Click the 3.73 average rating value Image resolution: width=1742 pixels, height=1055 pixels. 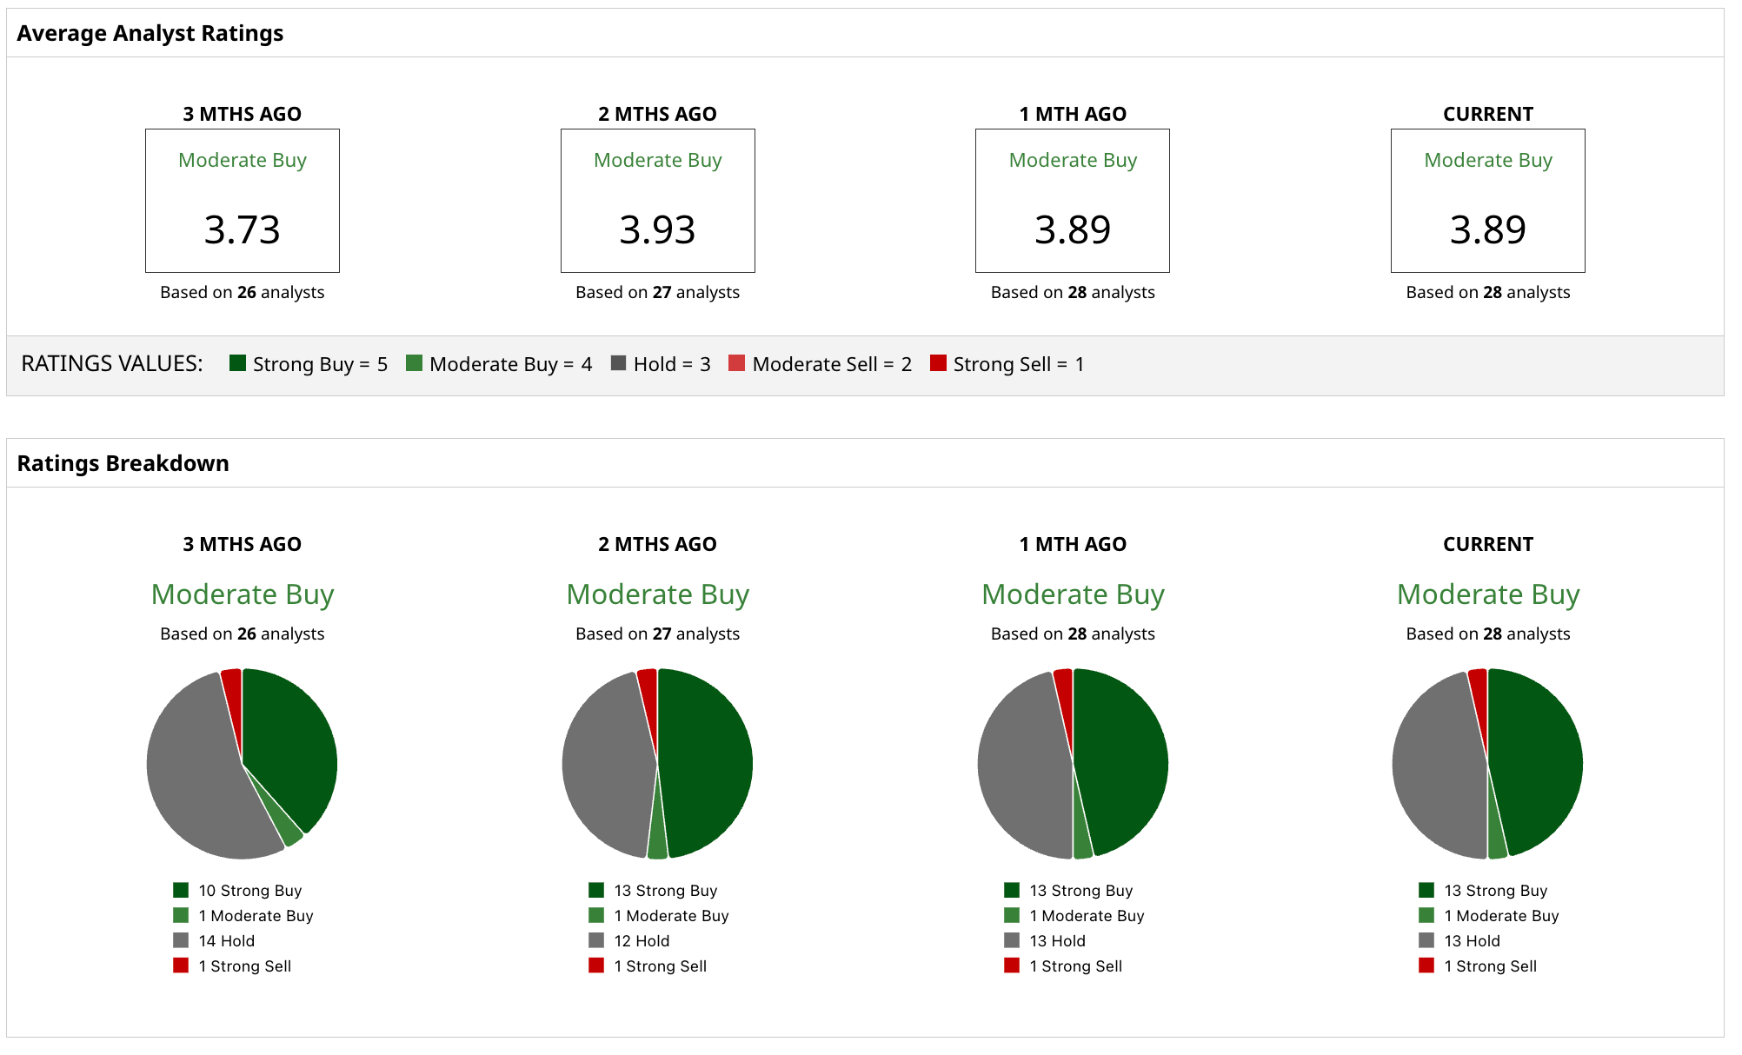click(x=242, y=230)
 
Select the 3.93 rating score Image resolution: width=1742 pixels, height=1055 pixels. click(x=657, y=230)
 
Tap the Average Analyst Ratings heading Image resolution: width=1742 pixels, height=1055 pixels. click(x=150, y=33)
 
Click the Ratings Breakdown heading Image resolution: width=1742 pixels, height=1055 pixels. click(x=123, y=463)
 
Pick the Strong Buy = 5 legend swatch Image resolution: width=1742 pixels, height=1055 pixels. click(x=237, y=363)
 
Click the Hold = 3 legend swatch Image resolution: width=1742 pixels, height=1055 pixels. click(x=618, y=363)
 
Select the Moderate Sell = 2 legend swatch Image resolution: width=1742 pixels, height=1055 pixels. click(x=736, y=363)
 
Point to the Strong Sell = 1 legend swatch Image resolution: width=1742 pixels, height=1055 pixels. click(x=938, y=363)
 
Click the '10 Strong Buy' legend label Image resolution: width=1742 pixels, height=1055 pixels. click(x=250, y=891)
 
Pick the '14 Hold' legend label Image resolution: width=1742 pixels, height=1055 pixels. click(x=227, y=941)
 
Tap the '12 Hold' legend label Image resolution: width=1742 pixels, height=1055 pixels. click(x=642, y=941)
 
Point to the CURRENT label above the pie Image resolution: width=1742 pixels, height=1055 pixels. click(x=1487, y=545)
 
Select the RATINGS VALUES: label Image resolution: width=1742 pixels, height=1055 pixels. click(x=112, y=363)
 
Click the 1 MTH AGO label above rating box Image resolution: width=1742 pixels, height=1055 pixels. click(x=1072, y=114)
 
